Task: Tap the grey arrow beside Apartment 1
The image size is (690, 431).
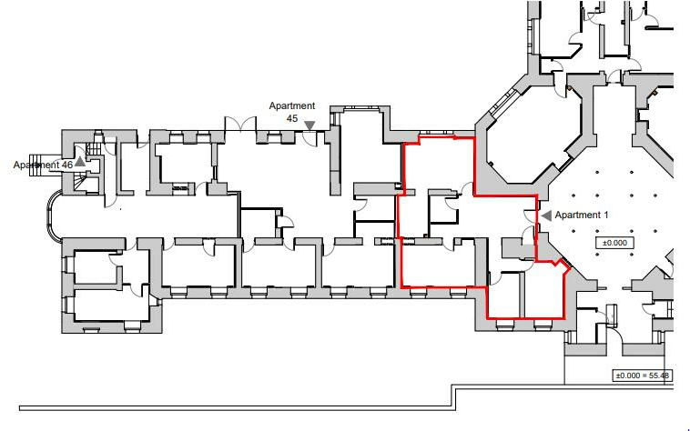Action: tap(547, 215)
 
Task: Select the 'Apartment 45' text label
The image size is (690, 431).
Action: tap(291, 112)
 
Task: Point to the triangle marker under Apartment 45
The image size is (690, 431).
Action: tap(309, 125)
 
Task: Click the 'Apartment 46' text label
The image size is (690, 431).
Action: tap(42, 165)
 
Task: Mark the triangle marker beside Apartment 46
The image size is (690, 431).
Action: tap(80, 161)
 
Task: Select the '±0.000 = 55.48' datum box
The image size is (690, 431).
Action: tap(643, 376)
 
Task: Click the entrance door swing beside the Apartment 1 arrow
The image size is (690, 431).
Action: tap(531, 216)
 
